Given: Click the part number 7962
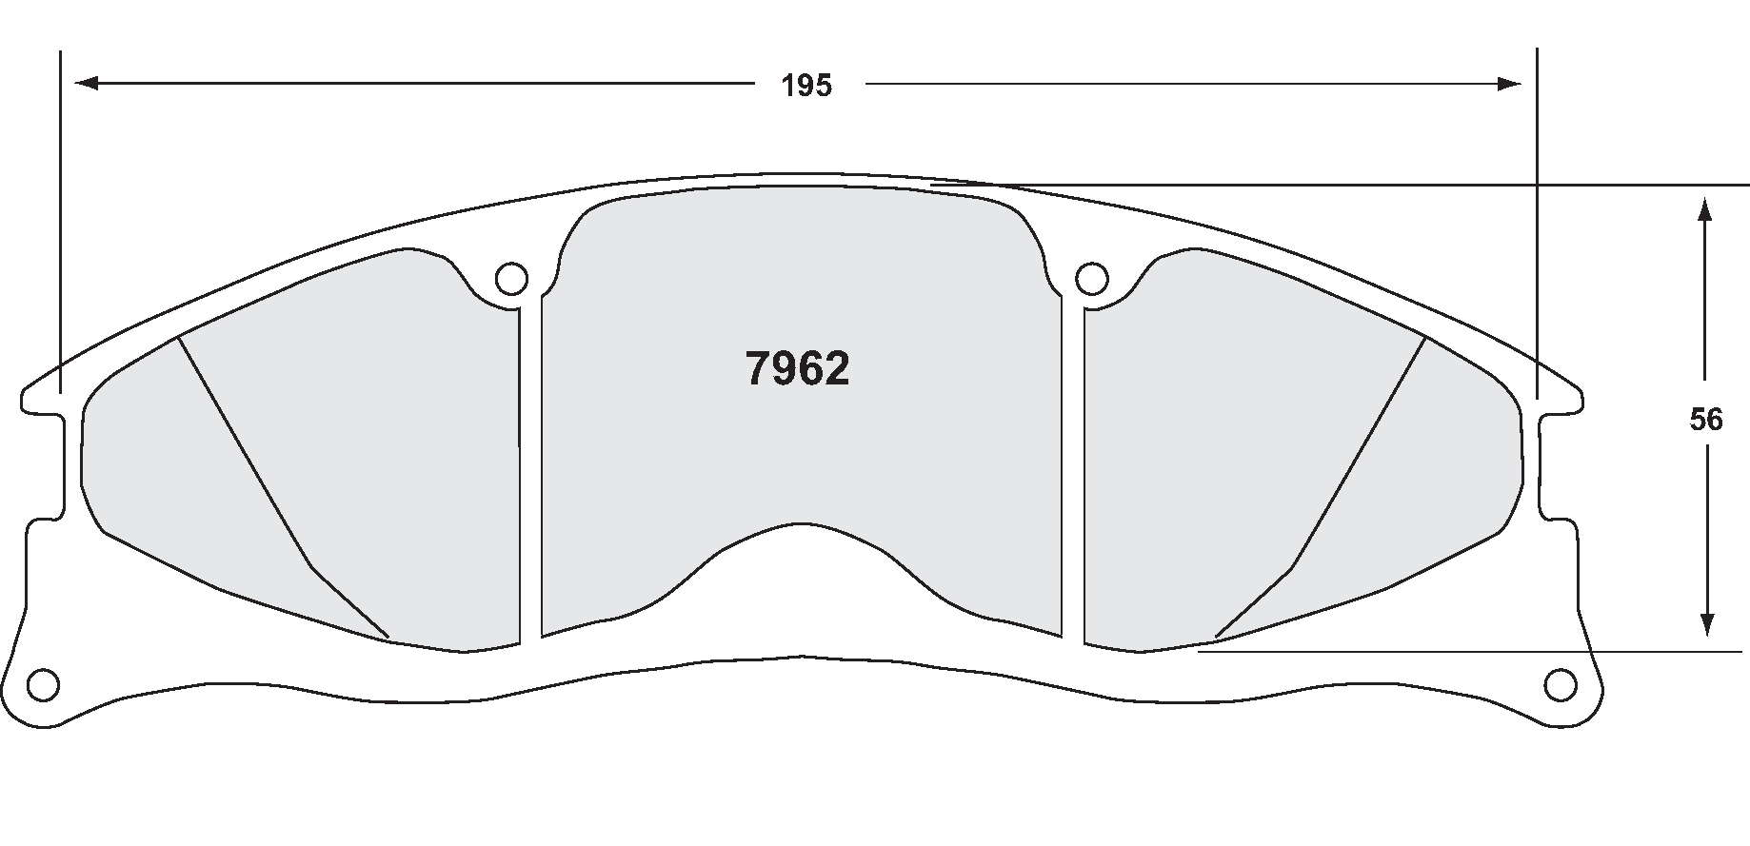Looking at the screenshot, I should pyautogui.click(x=797, y=369).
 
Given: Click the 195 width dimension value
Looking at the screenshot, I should pyautogui.click(x=806, y=86).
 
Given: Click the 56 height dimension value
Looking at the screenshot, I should pyautogui.click(x=1705, y=420).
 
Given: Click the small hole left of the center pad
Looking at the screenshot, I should pyautogui.click(x=511, y=279).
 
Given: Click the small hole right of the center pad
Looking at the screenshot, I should pyautogui.click(x=1092, y=279).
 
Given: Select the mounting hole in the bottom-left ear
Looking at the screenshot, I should pyautogui.click(x=44, y=683).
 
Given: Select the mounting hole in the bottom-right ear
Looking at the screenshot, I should pyautogui.click(x=1559, y=683).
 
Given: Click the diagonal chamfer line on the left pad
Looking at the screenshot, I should pyautogui.click(x=248, y=457).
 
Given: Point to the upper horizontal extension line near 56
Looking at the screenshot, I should pyautogui.click(x=1428, y=184).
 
